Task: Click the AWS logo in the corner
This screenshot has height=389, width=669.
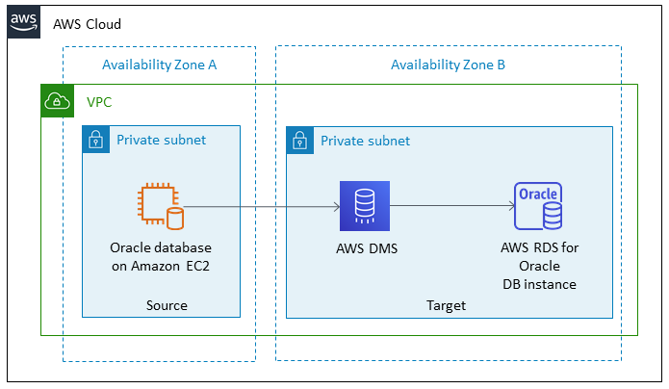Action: pyautogui.click(x=23, y=22)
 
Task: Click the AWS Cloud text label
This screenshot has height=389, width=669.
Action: pyautogui.click(x=87, y=23)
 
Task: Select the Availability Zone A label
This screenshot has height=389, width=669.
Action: pyautogui.click(x=159, y=65)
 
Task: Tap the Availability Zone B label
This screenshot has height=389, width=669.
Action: pyautogui.click(x=448, y=65)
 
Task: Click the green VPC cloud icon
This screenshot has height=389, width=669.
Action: pyautogui.click(x=57, y=101)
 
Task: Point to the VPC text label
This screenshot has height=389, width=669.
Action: pyautogui.click(x=99, y=101)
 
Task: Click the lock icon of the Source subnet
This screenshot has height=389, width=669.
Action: pyautogui.click(x=96, y=141)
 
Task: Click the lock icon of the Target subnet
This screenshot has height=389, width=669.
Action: pyautogui.click(x=300, y=141)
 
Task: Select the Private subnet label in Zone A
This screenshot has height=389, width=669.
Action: pyautogui.click(x=161, y=141)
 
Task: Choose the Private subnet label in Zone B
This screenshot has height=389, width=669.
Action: pyautogui.click(x=365, y=141)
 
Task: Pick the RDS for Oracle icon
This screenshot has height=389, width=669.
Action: pyautogui.click(x=538, y=205)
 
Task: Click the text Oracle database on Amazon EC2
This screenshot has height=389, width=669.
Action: pyautogui.click(x=160, y=256)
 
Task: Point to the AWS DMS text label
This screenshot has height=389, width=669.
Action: pyautogui.click(x=364, y=248)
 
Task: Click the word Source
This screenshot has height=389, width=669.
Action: pyautogui.click(x=167, y=305)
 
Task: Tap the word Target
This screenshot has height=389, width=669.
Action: pyautogui.click(x=446, y=305)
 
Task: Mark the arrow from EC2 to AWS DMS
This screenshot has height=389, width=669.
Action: pyautogui.click(x=260, y=206)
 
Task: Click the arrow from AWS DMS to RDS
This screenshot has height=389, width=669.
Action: pyautogui.click(x=450, y=206)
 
